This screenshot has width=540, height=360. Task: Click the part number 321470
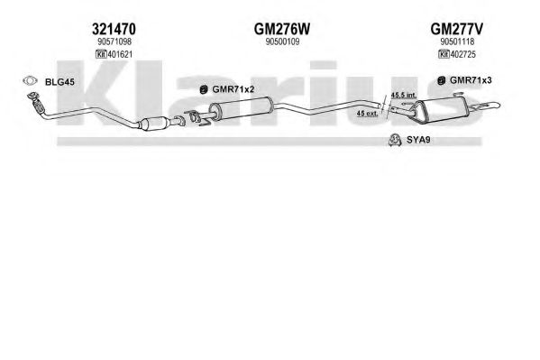114,29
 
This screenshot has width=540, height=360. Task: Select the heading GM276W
282,29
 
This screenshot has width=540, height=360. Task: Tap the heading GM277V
457,29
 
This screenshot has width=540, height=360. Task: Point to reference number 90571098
114,42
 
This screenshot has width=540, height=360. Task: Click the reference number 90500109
282,42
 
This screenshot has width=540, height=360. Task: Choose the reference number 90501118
457,42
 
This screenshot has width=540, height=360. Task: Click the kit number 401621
120,54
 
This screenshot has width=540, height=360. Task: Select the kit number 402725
463,54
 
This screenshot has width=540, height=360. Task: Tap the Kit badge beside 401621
101,54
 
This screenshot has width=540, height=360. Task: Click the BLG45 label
59,82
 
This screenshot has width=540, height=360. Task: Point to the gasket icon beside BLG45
30,81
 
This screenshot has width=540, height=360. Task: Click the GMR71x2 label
233,89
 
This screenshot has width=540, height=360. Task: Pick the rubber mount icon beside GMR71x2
204,89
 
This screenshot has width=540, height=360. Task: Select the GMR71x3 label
471,80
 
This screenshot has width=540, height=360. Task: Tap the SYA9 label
418,140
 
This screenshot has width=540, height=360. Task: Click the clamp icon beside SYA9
395,139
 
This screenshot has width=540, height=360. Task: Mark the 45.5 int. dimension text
404,95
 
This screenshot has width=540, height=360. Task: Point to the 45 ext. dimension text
368,113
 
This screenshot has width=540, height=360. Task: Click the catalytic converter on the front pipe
155,123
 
